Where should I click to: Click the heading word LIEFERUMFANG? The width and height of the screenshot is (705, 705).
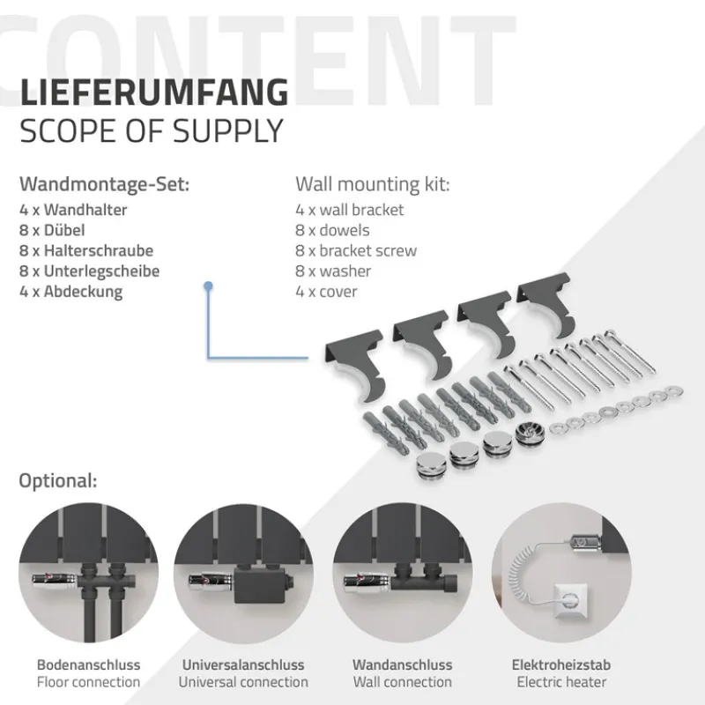pos(153,92)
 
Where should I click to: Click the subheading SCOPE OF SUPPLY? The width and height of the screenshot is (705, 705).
pos(152,130)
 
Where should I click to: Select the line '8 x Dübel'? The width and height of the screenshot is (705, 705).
pos(58,230)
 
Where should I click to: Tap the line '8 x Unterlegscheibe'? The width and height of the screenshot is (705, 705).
pos(89,271)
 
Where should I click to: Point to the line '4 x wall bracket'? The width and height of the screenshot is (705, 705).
pos(350,210)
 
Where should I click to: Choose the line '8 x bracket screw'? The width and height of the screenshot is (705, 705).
pos(356,250)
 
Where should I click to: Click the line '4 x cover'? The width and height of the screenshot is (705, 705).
pos(326,291)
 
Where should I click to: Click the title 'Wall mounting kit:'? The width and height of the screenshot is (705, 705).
pos(372,185)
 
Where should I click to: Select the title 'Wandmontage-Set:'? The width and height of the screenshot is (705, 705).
pos(104,185)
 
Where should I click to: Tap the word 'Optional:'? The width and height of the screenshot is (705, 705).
pos(58,481)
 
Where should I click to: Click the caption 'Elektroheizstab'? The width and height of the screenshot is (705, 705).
pos(561,665)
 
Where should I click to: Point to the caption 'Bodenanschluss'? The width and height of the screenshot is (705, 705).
pos(88,665)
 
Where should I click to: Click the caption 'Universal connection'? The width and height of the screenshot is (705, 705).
pos(243,682)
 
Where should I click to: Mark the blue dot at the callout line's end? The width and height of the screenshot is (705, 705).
pos(208,286)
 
